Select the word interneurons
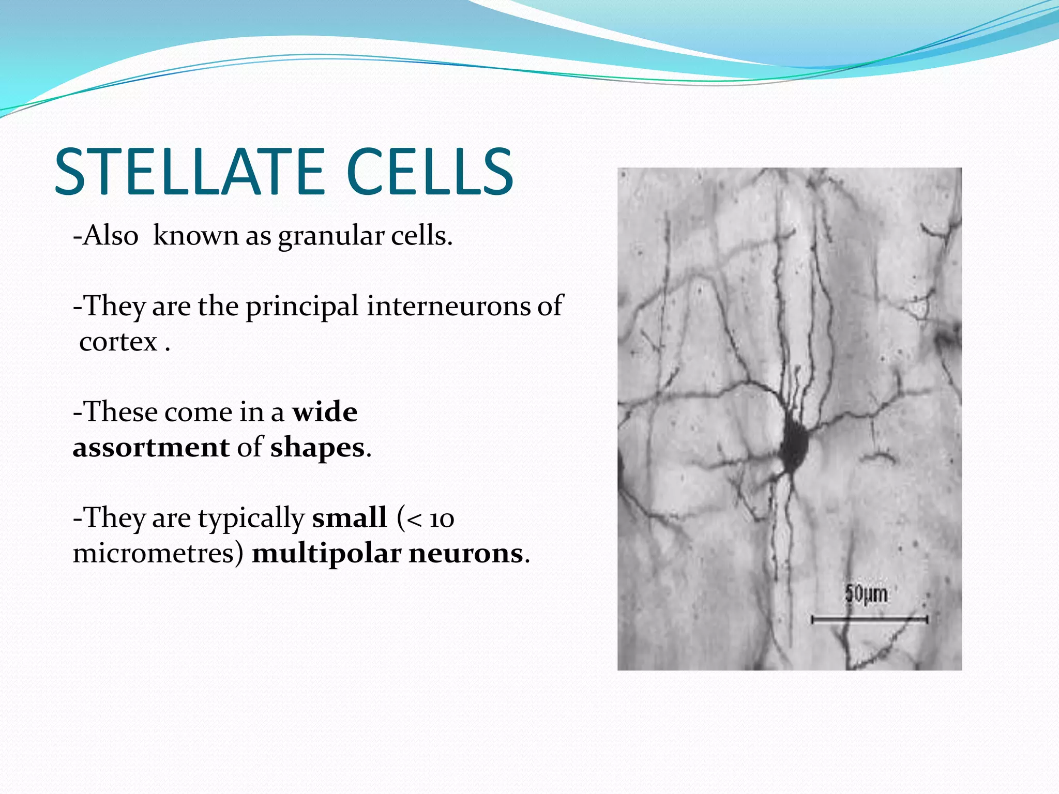pyautogui.click(x=449, y=306)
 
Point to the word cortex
pyautogui.click(x=118, y=342)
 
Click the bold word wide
pyautogui.click(x=325, y=412)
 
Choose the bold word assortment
pyautogui.click(x=151, y=447)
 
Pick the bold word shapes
pyautogui.click(x=317, y=448)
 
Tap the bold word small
pyautogui.click(x=350, y=517)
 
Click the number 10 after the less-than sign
pyautogui.click(x=442, y=518)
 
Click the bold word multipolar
pyautogui.click(x=327, y=554)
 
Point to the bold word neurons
pyautogui.click(x=466, y=553)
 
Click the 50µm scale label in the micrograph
pyautogui.click(x=866, y=594)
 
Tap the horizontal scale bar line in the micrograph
pyautogui.click(x=869, y=618)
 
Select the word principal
pyautogui.click(x=302, y=307)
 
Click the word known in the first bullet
pyautogui.click(x=196, y=236)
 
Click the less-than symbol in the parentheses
pyautogui.click(x=414, y=519)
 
